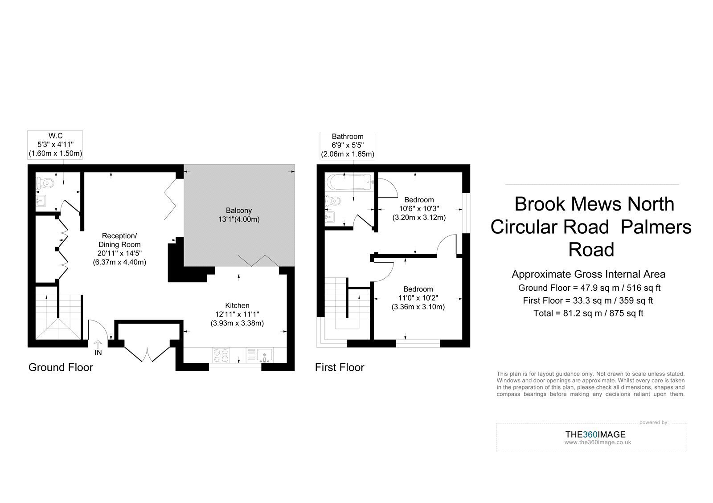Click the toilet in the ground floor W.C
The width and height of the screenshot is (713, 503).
coord(45,183)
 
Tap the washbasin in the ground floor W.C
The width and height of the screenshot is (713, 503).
coord(41,201)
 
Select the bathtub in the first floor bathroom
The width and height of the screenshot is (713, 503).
coord(349,182)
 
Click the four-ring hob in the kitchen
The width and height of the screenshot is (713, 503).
coord(221,356)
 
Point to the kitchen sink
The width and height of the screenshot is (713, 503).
coord(264,356)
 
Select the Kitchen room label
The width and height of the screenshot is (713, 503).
coord(237,305)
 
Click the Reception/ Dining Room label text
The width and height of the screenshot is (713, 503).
coord(119,240)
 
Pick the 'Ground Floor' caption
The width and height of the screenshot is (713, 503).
coord(61,368)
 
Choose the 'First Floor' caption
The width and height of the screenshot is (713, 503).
coord(339,368)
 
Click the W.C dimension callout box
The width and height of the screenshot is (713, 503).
coord(55,145)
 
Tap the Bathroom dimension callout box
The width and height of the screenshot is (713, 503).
coord(348,146)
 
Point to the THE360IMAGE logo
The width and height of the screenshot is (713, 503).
coord(595,434)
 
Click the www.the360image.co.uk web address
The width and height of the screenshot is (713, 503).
coord(598,442)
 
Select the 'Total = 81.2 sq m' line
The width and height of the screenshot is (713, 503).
coord(588,313)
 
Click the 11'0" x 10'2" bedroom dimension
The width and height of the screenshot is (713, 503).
coord(418,298)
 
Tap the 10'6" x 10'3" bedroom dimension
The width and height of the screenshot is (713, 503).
coord(419,209)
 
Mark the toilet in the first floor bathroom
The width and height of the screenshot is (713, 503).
coord(332,201)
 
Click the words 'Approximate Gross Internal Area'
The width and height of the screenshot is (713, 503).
coord(589,274)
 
